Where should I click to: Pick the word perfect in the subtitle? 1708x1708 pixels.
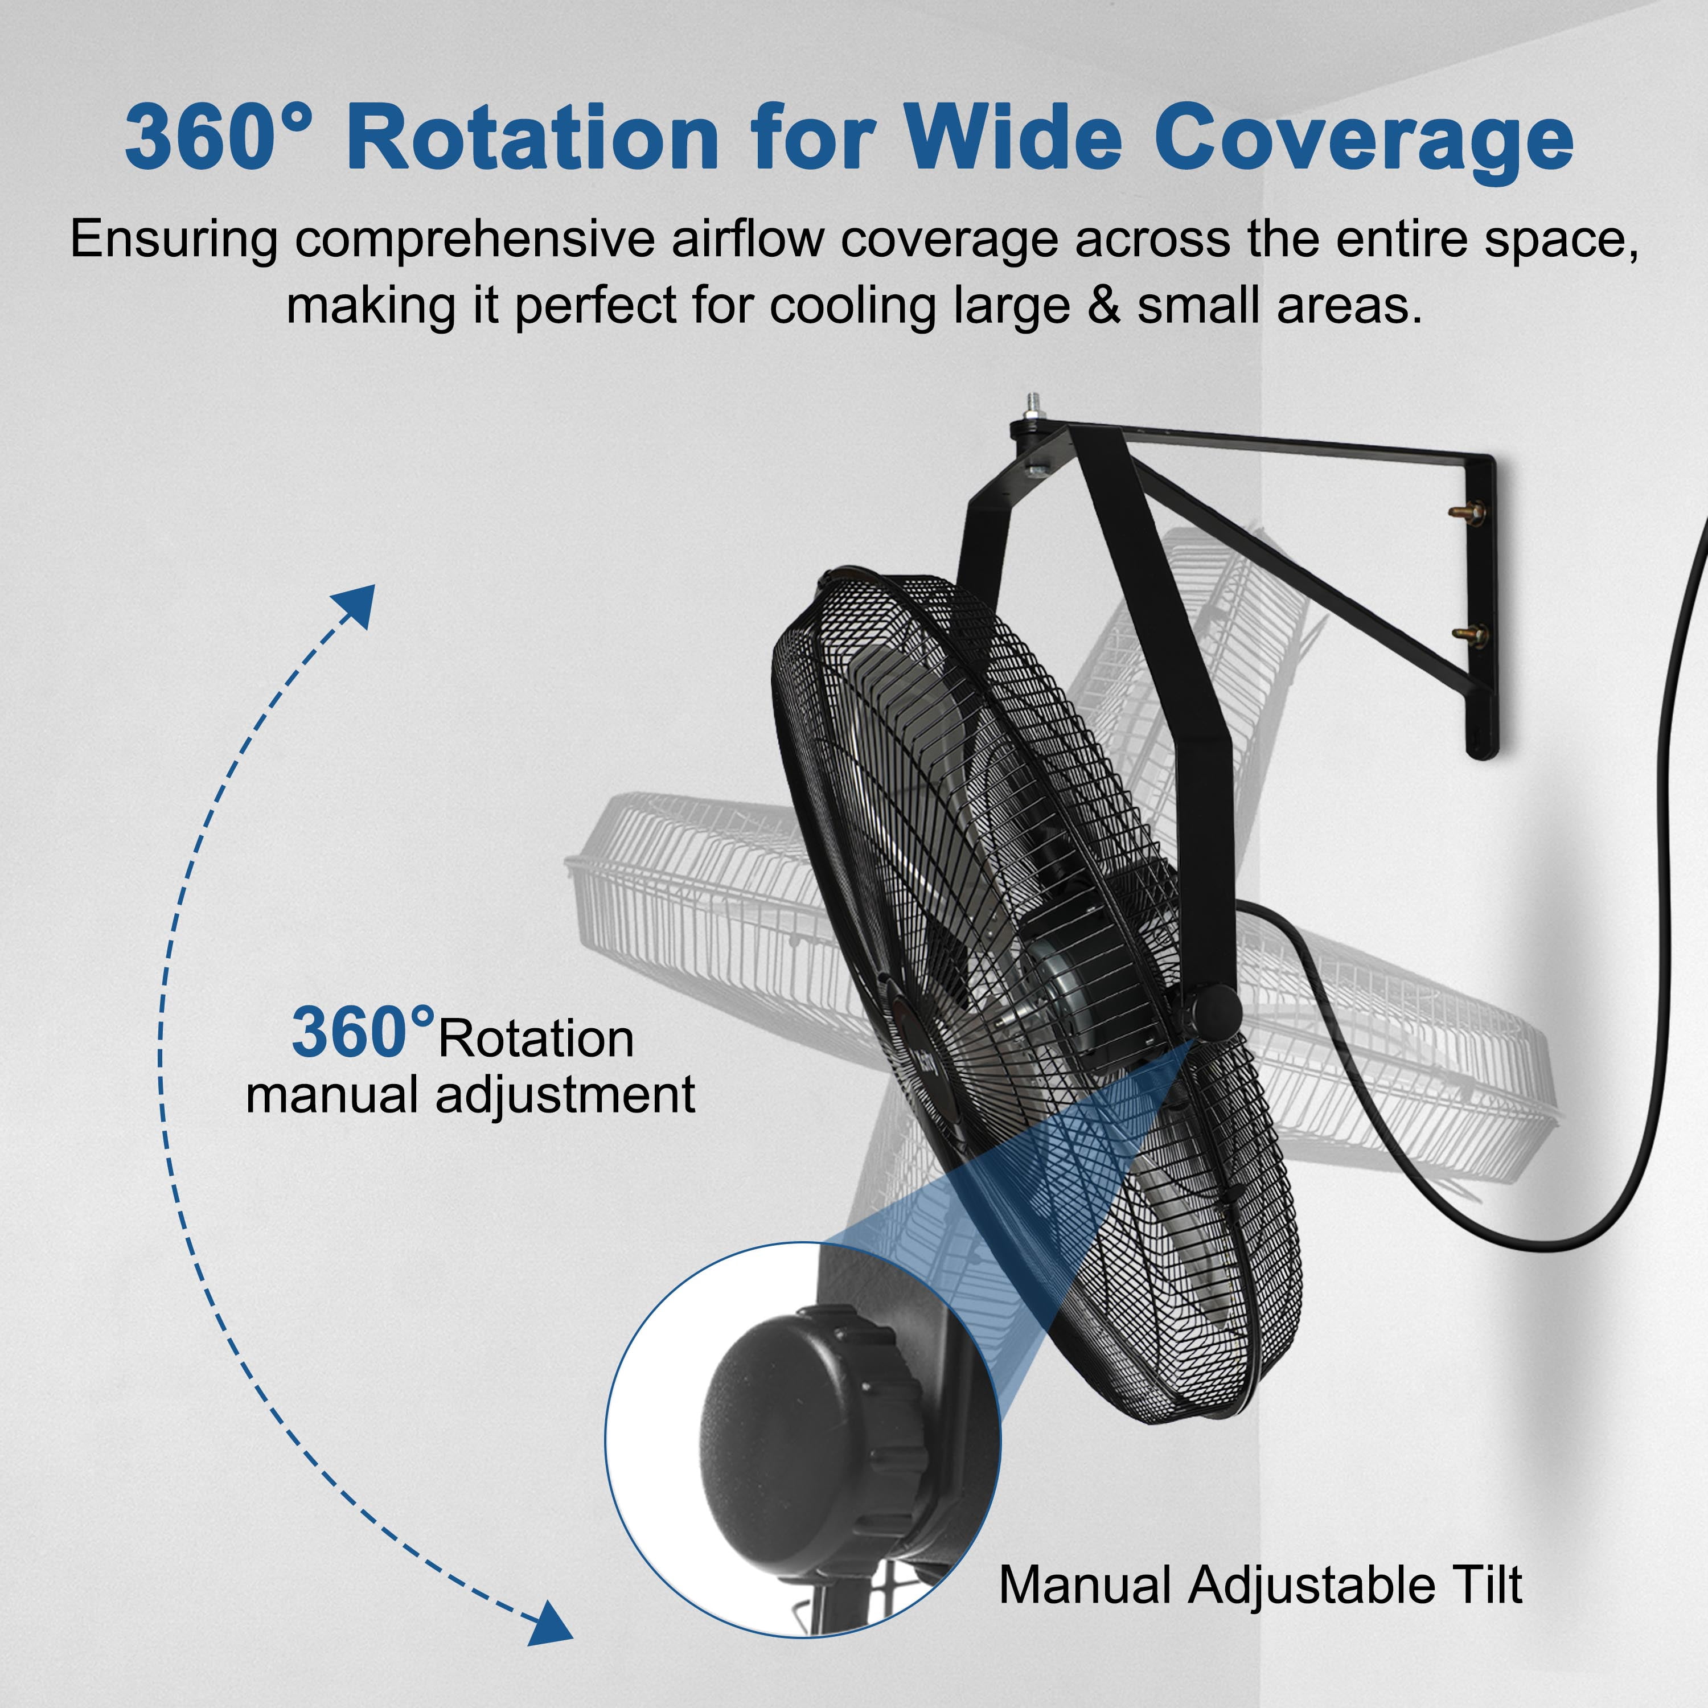click(x=596, y=307)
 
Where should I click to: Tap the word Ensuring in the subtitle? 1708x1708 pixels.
click(x=174, y=240)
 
